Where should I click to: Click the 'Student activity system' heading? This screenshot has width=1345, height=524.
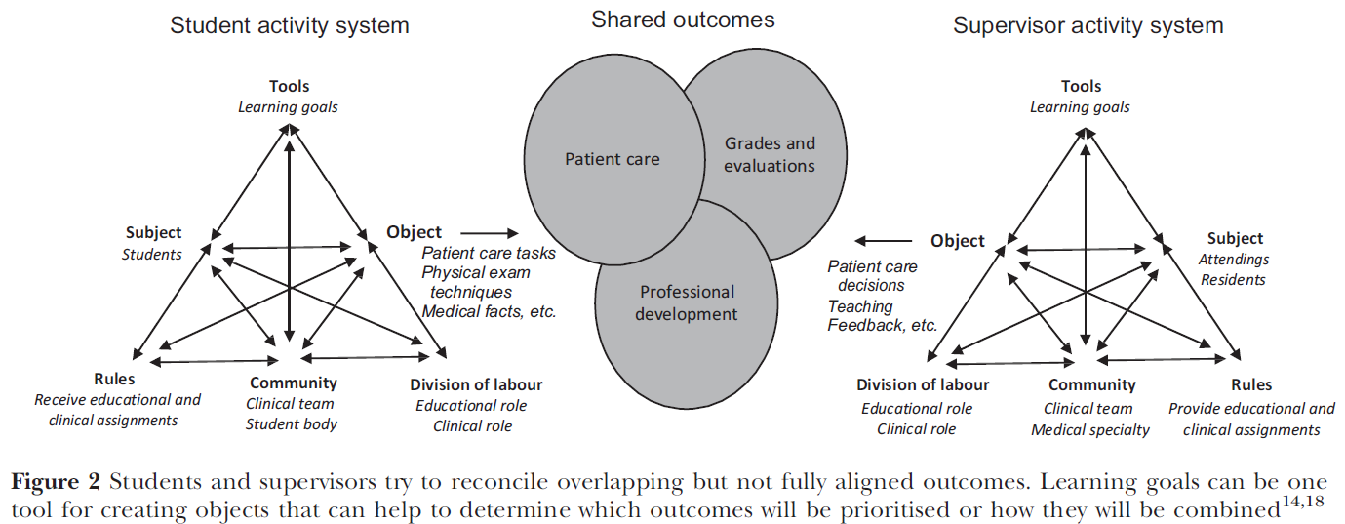[x=289, y=25]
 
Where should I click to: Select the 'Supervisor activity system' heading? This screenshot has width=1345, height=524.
[x=1088, y=25]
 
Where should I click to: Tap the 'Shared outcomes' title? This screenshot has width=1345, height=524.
[x=683, y=19]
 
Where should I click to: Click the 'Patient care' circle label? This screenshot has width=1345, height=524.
[x=613, y=159]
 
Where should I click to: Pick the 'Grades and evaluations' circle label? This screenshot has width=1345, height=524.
[x=770, y=154]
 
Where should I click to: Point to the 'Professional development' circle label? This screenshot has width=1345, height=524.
[x=687, y=302]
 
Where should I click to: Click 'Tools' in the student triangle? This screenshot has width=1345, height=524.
[x=290, y=87]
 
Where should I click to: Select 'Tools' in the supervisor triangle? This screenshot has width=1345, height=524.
[x=1081, y=87]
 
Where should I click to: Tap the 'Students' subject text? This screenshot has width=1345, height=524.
[x=152, y=255]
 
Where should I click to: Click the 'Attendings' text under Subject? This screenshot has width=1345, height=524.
[x=1234, y=260]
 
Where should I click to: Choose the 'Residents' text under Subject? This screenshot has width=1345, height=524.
[x=1233, y=280]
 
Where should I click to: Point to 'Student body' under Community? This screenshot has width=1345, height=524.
[x=292, y=423]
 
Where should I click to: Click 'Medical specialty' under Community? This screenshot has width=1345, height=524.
[x=1090, y=429]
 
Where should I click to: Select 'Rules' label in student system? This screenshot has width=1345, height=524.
[x=115, y=379]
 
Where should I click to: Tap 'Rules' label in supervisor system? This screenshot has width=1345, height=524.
[x=1251, y=384]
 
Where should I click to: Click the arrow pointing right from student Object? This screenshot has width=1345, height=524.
[x=490, y=233]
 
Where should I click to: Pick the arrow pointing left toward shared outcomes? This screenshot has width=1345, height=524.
[x=884, y=240]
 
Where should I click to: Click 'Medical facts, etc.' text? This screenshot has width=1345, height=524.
[x=488, y=312]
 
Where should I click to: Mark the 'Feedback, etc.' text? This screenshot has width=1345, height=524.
[x=883, y=326]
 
